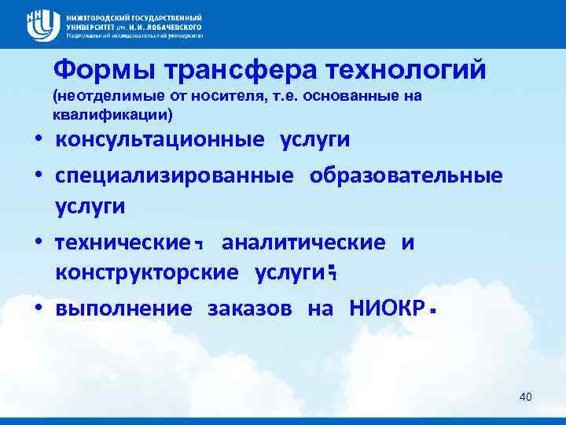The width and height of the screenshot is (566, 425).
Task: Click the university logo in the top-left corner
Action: (43, 25)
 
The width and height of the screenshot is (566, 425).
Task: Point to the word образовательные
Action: (406, 175)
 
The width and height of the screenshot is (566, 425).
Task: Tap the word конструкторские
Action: (146, 272)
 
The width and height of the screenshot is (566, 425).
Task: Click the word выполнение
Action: (123, 308)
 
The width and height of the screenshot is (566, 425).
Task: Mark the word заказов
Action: (249, 308)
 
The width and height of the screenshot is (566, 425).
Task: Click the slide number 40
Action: (526, 397)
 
